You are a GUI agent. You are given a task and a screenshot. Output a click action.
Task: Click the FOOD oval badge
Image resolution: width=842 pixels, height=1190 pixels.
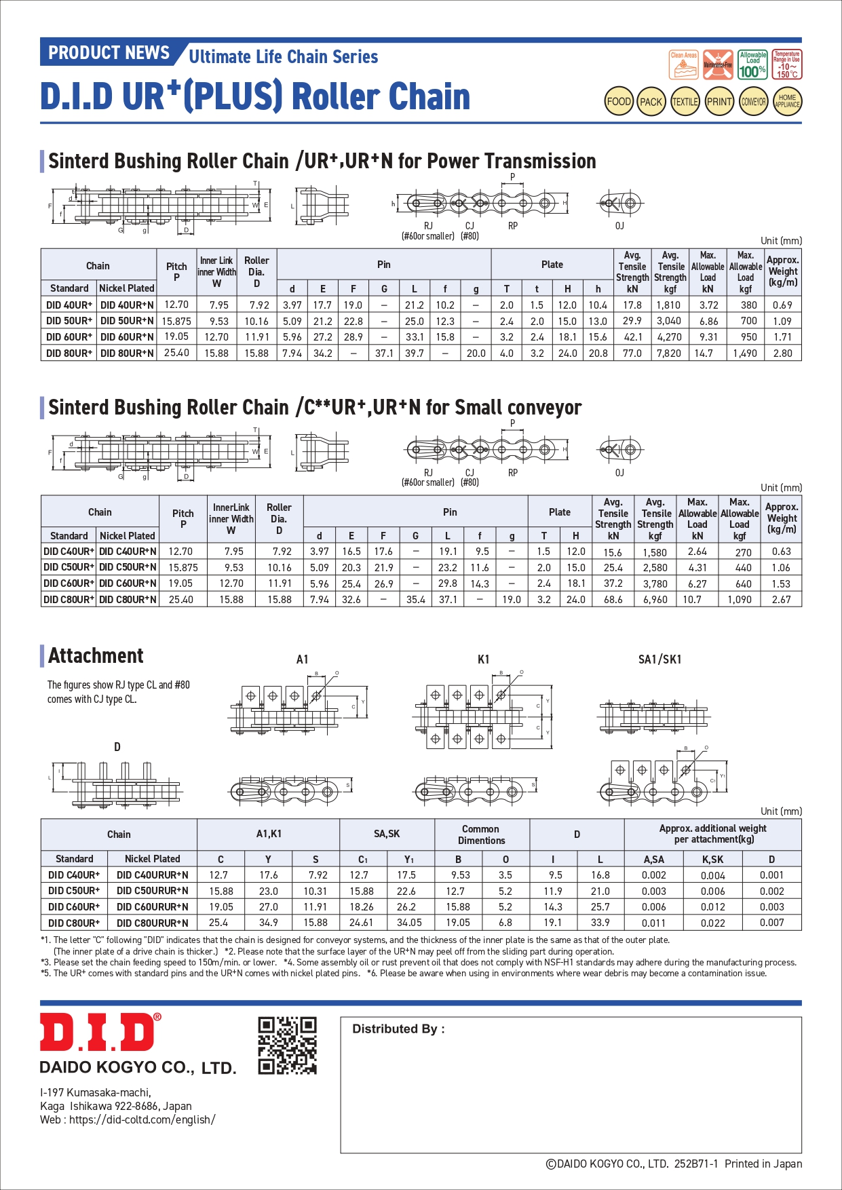pos(619,102)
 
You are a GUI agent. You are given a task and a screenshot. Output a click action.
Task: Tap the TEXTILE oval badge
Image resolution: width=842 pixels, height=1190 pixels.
pos(685,102)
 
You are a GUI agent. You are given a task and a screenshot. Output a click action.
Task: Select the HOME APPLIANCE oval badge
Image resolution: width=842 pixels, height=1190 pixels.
pos(787,102)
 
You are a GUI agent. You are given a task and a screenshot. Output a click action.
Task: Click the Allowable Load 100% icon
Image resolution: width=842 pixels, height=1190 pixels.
pos(752,65)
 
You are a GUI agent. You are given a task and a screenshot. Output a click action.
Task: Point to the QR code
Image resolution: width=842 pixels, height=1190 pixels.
pos(288,1045)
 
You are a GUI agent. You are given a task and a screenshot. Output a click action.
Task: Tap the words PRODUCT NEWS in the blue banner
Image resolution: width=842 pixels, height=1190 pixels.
pos(109,53)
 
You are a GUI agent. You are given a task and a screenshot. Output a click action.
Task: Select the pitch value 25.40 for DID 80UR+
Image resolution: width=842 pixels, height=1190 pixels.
pos(176,353)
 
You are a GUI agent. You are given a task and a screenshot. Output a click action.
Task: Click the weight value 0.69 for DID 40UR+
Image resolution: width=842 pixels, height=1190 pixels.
pos(782,305)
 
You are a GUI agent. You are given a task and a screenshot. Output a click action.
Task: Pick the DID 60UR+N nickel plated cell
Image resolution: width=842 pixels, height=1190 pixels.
pos(127,337)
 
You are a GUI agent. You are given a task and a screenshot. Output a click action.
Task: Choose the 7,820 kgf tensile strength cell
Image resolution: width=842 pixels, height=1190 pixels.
pos(669,353)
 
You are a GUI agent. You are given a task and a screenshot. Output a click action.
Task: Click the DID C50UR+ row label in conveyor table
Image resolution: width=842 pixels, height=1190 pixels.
pos(69,567)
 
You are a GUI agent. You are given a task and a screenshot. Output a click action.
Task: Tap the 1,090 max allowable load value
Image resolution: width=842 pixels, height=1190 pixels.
pos(740,600)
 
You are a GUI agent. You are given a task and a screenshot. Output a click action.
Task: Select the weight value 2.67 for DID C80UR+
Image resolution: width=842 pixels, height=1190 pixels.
pos(782,600)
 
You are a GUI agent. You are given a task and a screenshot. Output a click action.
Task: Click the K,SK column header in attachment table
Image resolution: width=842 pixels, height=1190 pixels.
pos(712,859)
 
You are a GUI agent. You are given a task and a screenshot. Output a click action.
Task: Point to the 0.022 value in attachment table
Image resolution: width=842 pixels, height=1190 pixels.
pos(712,923)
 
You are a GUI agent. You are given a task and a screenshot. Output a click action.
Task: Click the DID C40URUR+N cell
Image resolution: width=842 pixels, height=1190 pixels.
pos(153,875)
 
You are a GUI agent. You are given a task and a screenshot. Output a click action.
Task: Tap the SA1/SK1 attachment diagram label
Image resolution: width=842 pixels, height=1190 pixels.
pos(659,659)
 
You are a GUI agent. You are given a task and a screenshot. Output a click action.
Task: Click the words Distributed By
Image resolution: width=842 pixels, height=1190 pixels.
pos(398,1029)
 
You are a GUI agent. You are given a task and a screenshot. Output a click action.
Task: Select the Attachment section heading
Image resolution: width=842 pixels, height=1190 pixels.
pos(96,656)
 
